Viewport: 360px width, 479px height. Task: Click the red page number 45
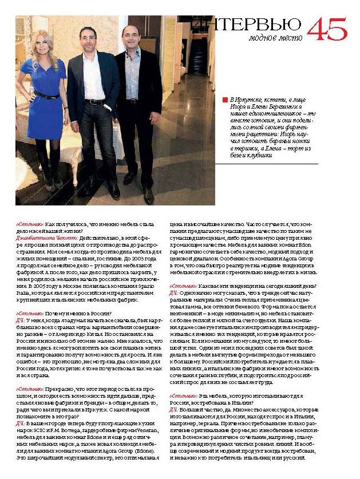pyautogui.click(x=327, y=27)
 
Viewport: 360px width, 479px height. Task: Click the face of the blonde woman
pyautogui.click(x=44, y=46)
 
